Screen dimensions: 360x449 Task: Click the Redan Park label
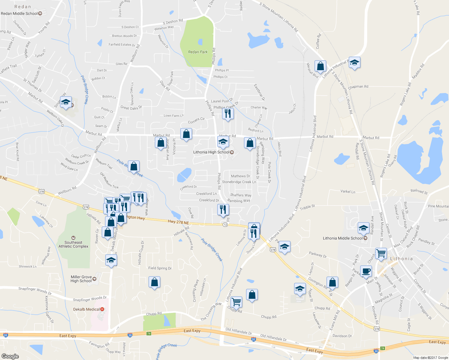pos(198,52)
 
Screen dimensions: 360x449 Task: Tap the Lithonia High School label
pos(211,152)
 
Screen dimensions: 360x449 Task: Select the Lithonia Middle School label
pos(343,238)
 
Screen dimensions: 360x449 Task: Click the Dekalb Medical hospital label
pos(86,309)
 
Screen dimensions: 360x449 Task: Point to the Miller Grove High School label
pos(81,279)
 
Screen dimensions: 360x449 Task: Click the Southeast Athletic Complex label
pos(73,244)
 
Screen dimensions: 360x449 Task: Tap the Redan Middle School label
pos(19,13)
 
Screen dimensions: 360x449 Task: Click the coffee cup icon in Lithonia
pos(366,271)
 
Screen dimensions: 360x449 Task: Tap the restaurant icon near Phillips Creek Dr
pos(228,114)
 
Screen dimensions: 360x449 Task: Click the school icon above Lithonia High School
pos(223,142)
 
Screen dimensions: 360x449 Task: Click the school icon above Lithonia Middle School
pos(363,228)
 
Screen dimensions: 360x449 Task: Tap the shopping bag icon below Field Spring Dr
pos(155,282)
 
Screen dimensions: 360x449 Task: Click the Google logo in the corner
pos(10,356)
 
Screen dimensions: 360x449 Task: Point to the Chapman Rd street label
pos(358,87)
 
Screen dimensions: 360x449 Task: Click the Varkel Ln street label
pos(348,191)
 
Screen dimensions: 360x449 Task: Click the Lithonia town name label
pos(401,259)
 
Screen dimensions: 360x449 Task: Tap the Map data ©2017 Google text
pos(430,358)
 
